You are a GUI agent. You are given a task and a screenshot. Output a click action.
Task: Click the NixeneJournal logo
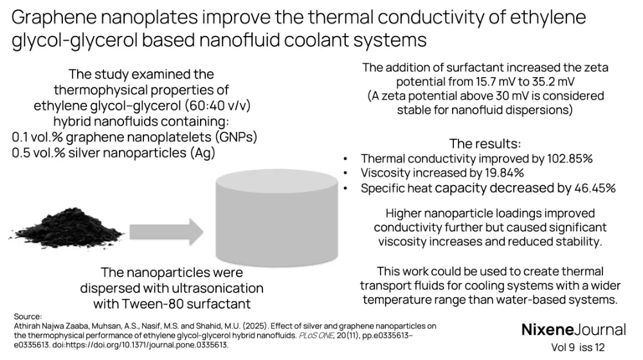pyautogui.click(x=573, y=330)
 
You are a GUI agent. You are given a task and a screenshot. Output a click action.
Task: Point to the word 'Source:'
pyautogui.click(x=27, y=317)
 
